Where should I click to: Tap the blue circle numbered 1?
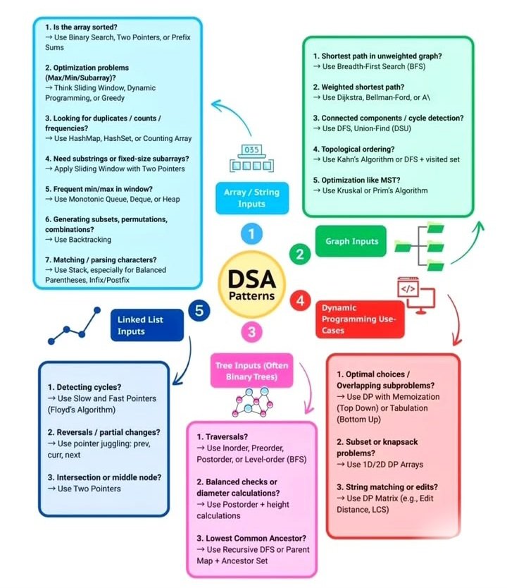click(251, 233)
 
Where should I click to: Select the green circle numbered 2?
click(301, 253)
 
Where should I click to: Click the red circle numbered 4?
click(301, 300)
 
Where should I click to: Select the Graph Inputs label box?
click(351, 241)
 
